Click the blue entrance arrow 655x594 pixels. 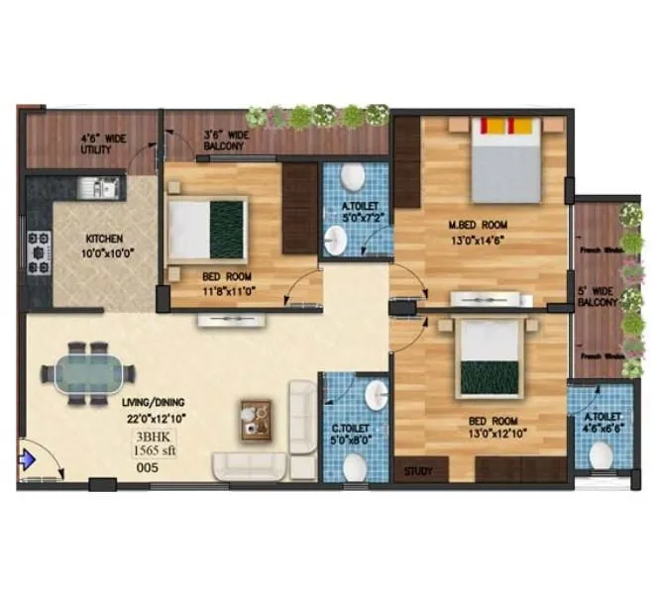[28, 459]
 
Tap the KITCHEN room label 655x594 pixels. [103, 239]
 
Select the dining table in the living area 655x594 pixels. [87, 374]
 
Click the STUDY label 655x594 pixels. [418, 471]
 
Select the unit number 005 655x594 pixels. [147, 470]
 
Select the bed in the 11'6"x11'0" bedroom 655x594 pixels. [207, 227]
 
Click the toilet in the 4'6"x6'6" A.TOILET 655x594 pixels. [600, 455]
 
